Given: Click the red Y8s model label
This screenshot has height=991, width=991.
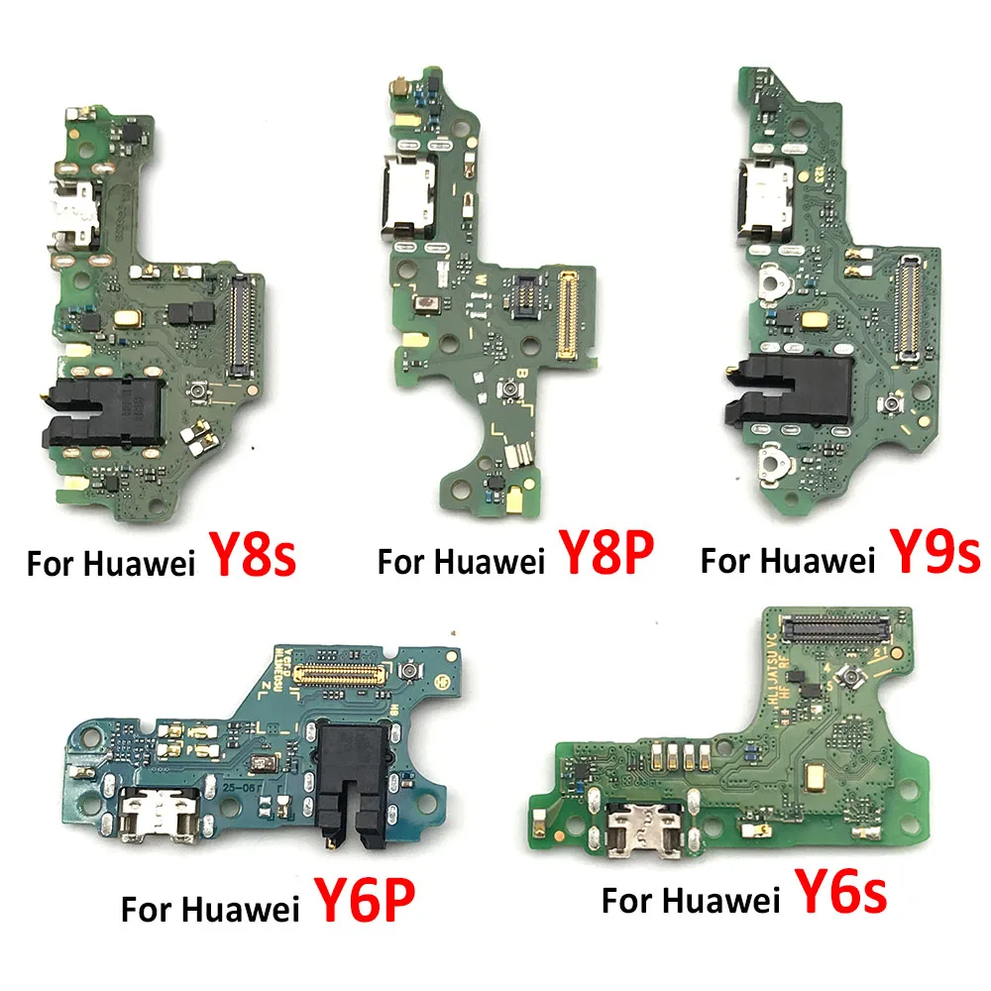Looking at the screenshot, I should (252, 557).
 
